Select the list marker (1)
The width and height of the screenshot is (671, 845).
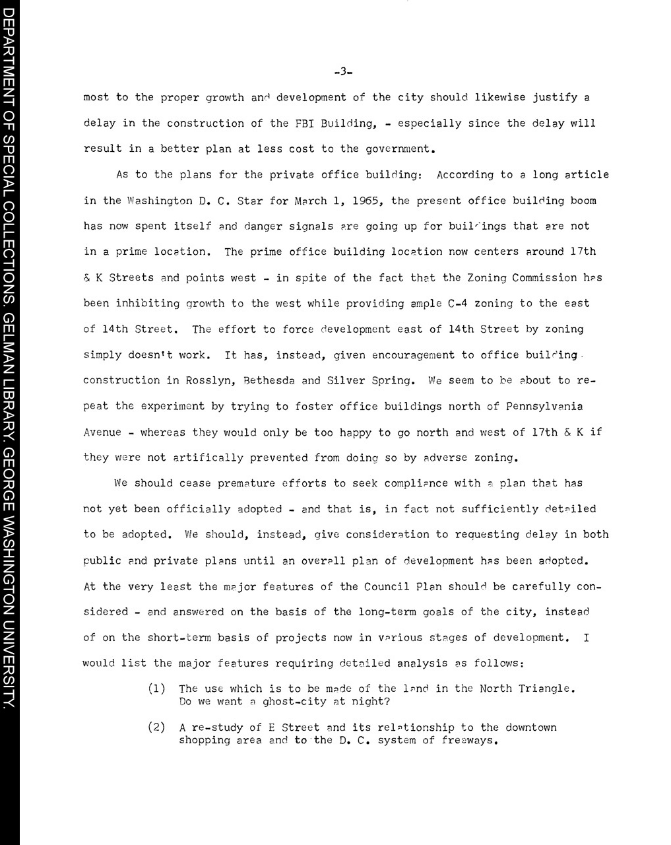click(156, 689)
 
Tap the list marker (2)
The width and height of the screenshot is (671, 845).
click(156, 727)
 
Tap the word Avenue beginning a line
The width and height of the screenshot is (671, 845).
click(102, 432)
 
